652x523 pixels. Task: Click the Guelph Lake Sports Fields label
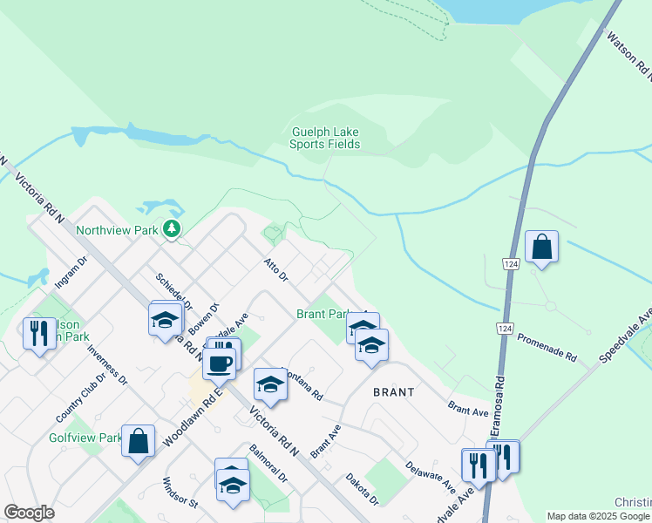[324, 139]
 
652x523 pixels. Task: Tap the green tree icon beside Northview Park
[173, 229]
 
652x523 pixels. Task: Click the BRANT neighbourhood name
[393, 392]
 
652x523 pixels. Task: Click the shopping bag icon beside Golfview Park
[139, 440]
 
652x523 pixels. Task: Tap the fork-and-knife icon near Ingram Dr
[39, 333]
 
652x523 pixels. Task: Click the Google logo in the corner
[29, 513]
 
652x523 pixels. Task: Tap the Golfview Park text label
[85, 438]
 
